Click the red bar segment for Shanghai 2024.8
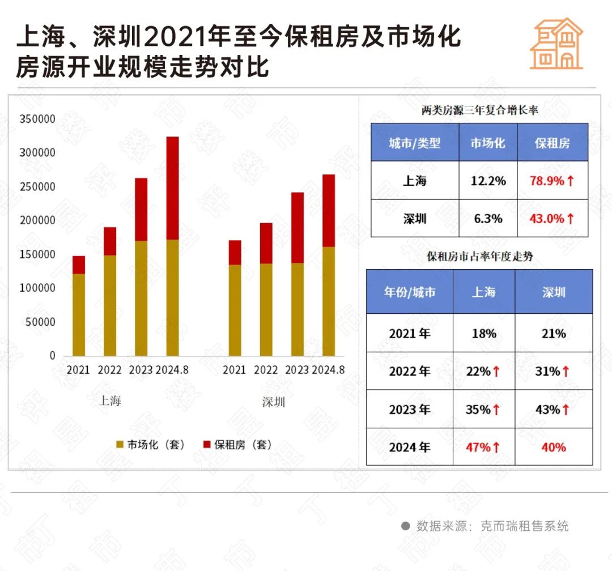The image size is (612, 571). [x=172, y=188]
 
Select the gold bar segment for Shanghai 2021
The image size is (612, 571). [x=79, y=314]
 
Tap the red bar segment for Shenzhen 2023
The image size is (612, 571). [x=297, y=228]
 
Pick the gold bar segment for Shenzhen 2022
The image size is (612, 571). [x=266, y=309]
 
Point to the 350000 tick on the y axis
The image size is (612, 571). [x=37, y=120]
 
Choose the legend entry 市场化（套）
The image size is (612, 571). [x=150, y=445]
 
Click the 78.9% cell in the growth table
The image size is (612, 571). [x=552, y=181]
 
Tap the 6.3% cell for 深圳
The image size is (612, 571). [x=487, y=218]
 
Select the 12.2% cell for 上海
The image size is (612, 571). [x=487, y=181]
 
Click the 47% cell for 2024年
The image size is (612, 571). [x=483, y=447]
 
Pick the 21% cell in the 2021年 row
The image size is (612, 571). [x=553, y=333]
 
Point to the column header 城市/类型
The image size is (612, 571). [x=414, y=143]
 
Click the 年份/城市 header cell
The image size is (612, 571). [x=409, y=292]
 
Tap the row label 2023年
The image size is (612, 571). [x=409, y=409]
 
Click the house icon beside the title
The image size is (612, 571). [x=556, y=44]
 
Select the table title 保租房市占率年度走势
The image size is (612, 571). [x=479, y=257]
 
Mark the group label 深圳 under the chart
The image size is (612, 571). [x=274, y=402]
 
